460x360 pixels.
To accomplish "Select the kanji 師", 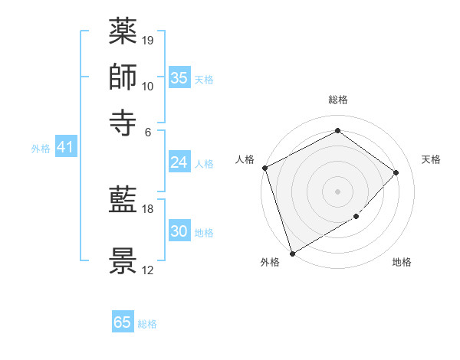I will tap(123, 77).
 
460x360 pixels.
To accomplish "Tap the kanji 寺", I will tap(123, 120).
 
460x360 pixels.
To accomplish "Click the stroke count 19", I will tap(149, 39).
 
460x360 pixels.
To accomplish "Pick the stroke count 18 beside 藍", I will tap(149, 208).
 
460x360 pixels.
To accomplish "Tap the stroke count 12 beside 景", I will tap(149, 270).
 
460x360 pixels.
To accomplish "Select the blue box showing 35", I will tap(179, 77).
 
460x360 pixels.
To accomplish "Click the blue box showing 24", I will tap(179, 162).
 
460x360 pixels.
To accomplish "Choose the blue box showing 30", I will tap(179, 231).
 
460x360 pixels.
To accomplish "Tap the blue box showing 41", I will tap(64, 147).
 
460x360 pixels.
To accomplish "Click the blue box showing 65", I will tap(123, 322).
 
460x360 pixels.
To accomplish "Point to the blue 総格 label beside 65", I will tap(147, 324).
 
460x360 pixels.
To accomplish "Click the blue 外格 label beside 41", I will tap(41, 149).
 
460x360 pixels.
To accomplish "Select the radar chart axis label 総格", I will tap(338, 100).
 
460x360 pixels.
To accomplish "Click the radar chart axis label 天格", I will tap(431, 159).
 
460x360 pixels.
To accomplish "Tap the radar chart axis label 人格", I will tap(245, 159).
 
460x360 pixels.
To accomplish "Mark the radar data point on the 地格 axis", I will tap(356, 217).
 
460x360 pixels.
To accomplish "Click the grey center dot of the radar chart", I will tap(338, 191).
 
